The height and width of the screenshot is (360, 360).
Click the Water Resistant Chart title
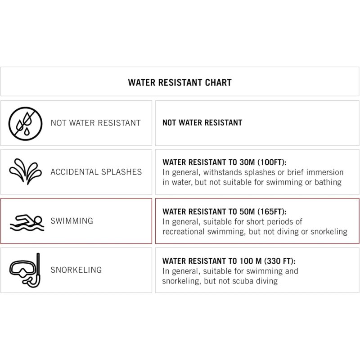point(180,82)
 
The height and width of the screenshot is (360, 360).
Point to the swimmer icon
point(26,221)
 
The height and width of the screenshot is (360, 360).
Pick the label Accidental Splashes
point(96,172)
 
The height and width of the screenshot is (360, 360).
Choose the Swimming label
point(72,221)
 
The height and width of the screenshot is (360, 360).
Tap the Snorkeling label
point(76,270)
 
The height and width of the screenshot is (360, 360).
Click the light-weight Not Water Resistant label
point(95,122)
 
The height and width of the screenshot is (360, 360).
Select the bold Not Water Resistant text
point(202,122)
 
